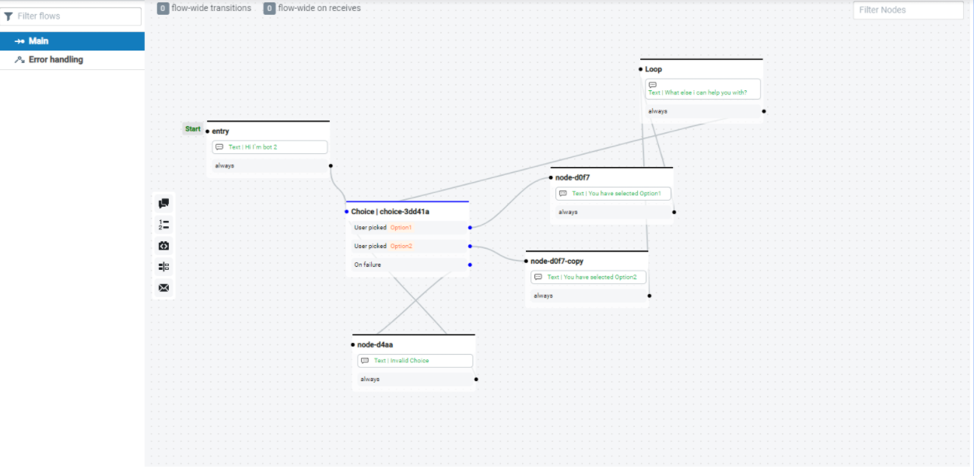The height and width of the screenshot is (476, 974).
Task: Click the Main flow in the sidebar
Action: (39, 41)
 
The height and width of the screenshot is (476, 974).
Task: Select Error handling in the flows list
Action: (55, 60)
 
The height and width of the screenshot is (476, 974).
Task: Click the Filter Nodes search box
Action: (907, 10)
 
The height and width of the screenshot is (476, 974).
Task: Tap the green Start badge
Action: (192, 129)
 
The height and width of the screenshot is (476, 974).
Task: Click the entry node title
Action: (220, 131)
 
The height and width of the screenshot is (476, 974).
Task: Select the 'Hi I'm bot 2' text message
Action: (270, 147)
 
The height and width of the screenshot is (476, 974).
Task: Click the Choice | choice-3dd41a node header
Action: (391, 212)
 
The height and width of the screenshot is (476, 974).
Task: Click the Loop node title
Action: (653, 69)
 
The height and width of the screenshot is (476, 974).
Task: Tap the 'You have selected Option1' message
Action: (613, 194)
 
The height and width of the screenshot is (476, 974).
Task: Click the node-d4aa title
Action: (376, 345)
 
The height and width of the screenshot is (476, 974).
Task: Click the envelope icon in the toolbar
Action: (163, 288)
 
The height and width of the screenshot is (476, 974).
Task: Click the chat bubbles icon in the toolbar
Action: (163, 204)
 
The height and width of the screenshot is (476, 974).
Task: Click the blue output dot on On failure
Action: (470, 265)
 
